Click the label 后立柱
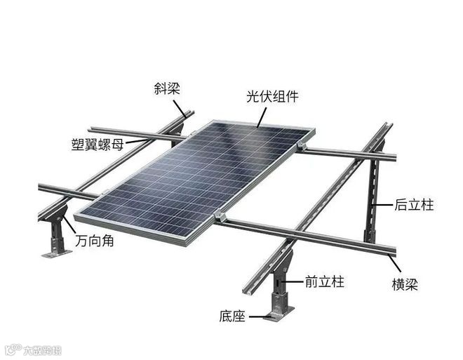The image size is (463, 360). [414, 205]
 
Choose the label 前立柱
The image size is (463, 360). [324, 281]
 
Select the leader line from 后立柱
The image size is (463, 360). [382, 204]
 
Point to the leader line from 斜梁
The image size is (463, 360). [180, 106]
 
